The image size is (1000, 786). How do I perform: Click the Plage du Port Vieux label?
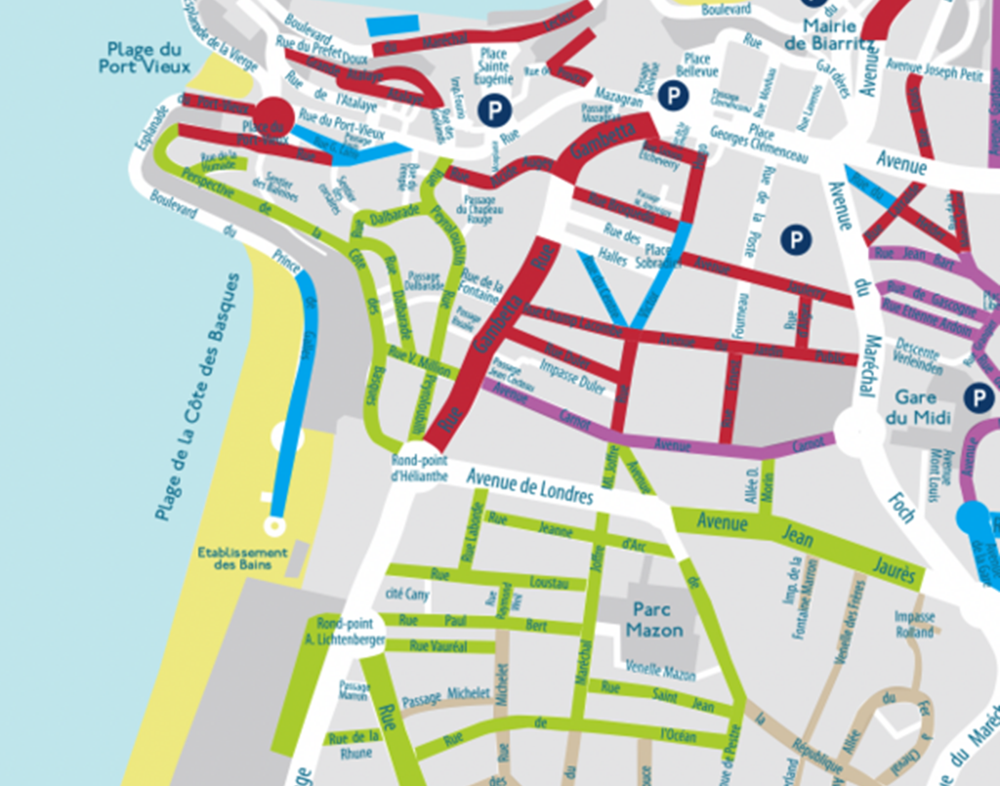click(x=145, y=58)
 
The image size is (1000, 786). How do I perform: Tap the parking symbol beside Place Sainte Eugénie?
click(x=494, y=109)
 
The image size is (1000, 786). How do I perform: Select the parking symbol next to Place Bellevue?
click(x=673, y=95)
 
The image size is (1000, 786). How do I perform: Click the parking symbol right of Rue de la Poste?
click(x=796, y=239)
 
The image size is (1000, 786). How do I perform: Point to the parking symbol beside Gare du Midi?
click(x=979, y=397)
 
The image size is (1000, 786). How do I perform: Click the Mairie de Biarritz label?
click(x=829, y=34)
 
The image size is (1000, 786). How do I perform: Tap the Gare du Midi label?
click(x=917, y=407)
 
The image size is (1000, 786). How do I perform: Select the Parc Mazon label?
click(x=654, y=620)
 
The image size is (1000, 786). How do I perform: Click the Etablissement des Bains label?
click(x=242, y=558)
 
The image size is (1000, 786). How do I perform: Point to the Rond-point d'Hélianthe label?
click(x=420, y=468)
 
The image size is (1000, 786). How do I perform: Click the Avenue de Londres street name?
click(x=530, y=487)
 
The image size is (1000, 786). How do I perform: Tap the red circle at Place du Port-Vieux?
click(x=275, y=115)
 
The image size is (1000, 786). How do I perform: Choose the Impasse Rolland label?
click(x=914, y=624)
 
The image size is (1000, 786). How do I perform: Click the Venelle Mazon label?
click(x=660, y=670)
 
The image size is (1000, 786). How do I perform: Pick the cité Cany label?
click(x=407, y=594)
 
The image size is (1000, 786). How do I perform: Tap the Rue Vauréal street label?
click(x=438, y=646)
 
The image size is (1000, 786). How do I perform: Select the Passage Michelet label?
click(x=446, y=697)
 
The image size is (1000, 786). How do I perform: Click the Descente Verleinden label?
click(x=919, y=356)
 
